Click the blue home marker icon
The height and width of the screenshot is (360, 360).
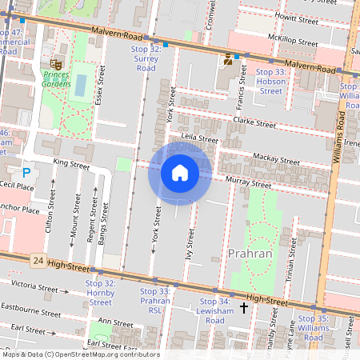179,173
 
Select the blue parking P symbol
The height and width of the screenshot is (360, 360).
26,172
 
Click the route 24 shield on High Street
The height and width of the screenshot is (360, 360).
38,261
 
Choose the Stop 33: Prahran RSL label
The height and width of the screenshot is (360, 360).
154,296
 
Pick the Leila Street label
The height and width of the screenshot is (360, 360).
199,138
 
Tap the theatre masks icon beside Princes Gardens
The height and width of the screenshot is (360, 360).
56,62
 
